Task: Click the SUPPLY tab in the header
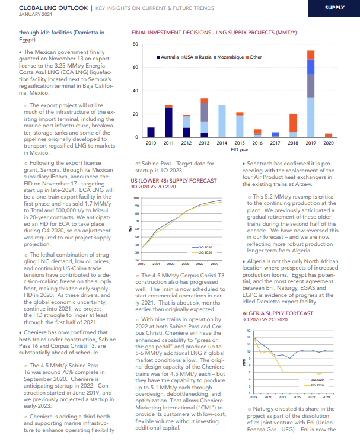pyautogui.click(x=334, y=8)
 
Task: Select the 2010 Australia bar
pyautogui.click(x=151, y=132)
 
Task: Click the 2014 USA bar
pyautogui.click(x=222, y=121)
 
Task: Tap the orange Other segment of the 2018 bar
pyautogui.click(x=293, y=123)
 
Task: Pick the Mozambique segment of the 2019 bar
pyautogui.click(x=311, y=67)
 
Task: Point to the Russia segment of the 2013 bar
pyautogui.click(x=204, y=113)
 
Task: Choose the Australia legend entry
pyautogui.click(x=168, y=57)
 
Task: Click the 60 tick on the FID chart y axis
pyautogui.click(x=135, y=68)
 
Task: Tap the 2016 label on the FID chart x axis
pyautogui.click(x=257, y=143)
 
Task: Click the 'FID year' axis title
pyautogui.click(x=240, y=150)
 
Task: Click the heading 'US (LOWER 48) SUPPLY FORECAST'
pyautogui.click(x=174, y=181)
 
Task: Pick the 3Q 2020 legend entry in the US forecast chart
pyautogui.click(x=202, y=247)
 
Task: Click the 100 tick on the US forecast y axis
pyautogui.click(x=136, y=198)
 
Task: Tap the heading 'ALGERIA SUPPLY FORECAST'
pyautogui.click(x=278, y=313)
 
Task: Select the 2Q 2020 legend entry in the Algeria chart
pyautogui.click(x=314, y=385)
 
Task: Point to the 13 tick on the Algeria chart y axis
pyautogui.click(x=249, y=331)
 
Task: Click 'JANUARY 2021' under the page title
pyautogui.click(x=36, y=14)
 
